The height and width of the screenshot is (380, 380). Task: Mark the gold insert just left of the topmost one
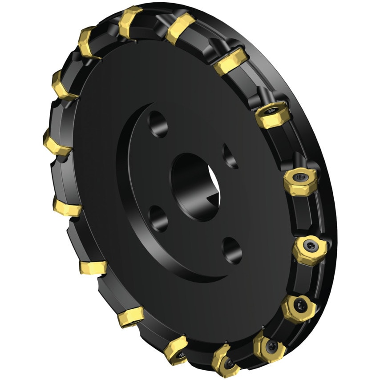tap(89, 42)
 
